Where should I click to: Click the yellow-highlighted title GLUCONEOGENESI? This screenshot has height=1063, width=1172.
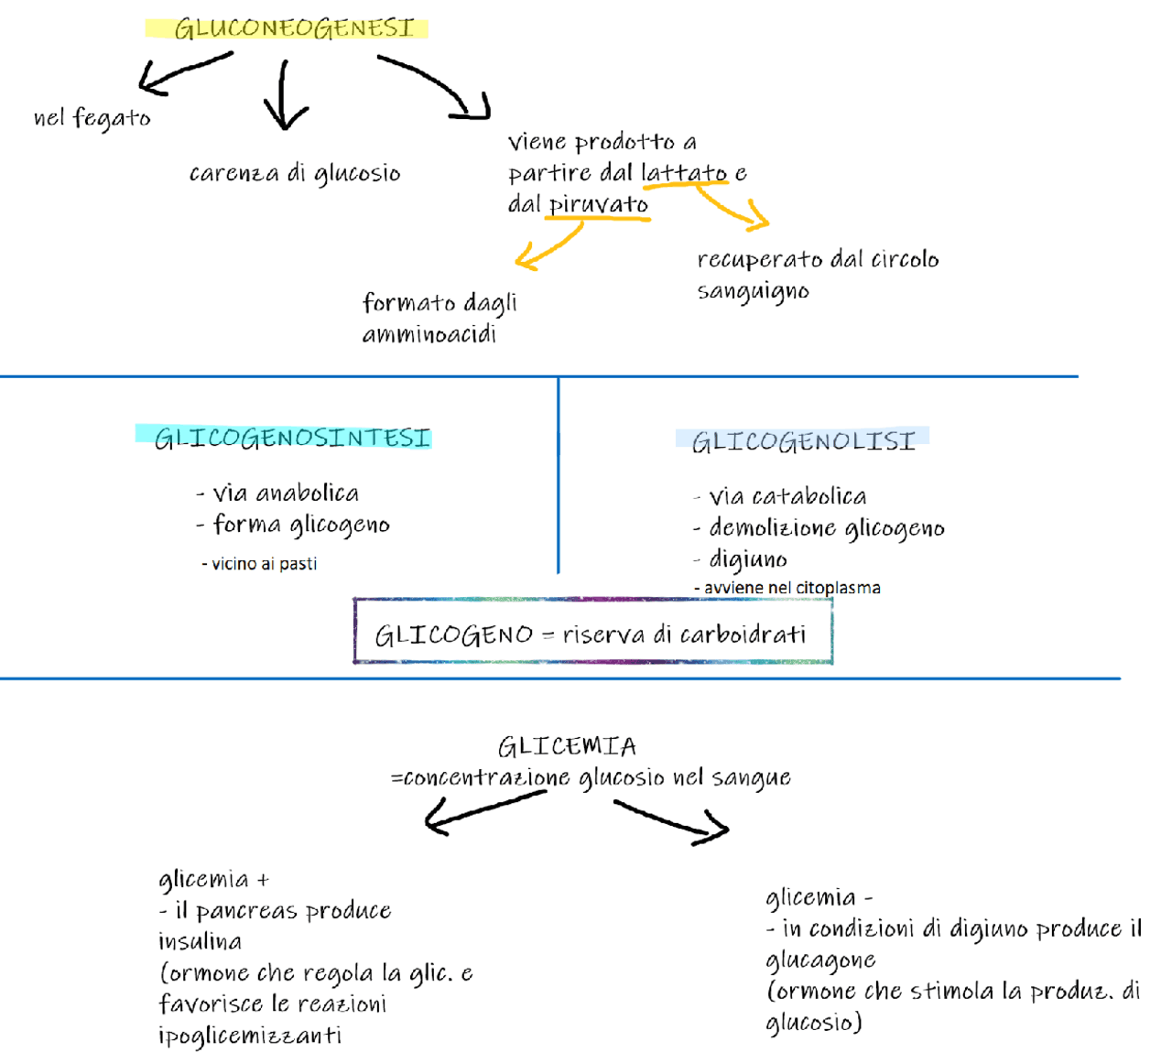tap(293, 28)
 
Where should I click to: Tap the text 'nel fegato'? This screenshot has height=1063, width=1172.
tap(92, 118)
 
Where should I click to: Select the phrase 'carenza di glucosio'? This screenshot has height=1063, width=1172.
tap(294, 173)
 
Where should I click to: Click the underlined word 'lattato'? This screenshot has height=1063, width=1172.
tap(684, 172)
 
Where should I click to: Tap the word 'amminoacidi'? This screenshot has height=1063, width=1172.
tap(429, 335)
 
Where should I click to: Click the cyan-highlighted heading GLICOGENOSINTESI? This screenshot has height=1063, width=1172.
tap(292, 439)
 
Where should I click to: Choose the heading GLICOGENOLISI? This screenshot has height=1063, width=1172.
tap(803, 442)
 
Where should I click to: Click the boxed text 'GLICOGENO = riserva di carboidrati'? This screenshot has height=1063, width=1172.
tap(591, 635)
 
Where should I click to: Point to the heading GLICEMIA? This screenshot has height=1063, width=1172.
tap(567, 746)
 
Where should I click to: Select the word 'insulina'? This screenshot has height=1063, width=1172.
tap(200, 941)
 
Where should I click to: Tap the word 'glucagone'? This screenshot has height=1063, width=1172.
tap(820, 960)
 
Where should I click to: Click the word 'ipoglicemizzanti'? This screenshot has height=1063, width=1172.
tap(249, 1036)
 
